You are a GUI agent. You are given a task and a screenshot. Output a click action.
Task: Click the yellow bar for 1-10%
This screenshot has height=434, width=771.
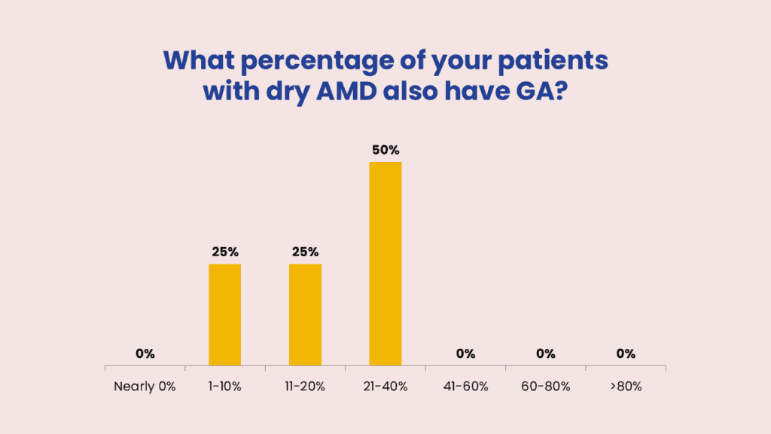click(224, 315)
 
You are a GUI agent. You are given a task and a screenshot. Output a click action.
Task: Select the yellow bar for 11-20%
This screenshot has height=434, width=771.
click(305, 315)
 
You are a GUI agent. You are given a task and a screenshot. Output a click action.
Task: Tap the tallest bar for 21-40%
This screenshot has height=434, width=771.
click(385, 264)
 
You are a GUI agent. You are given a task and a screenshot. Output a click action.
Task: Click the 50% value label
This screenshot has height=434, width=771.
click(385, 150)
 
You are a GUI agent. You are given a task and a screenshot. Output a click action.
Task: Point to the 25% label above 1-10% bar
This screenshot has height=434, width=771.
click(224, 252)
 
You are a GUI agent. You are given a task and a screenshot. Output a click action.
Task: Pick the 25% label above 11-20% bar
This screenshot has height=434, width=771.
click(305, 252)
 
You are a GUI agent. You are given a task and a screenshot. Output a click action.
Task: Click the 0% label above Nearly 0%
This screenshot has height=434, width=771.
click(145, 353)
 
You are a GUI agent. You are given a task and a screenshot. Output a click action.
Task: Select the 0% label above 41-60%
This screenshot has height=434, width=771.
click(465, 353)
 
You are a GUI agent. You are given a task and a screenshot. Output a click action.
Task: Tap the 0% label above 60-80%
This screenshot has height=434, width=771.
click(545, 353)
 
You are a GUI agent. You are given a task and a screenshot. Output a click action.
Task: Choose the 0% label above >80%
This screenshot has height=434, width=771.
click(625, 353)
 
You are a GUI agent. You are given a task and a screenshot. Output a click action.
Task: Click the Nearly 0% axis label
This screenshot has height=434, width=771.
click(145, 387)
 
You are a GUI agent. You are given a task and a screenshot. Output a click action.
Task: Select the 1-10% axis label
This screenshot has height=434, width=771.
click(224, 387)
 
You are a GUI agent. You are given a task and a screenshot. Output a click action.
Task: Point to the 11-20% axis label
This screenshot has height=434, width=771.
click(305, 387)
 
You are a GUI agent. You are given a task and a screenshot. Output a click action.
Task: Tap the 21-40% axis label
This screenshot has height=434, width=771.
click(385, 387)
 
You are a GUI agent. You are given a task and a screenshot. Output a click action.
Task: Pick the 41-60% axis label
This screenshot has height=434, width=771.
click(465, 387)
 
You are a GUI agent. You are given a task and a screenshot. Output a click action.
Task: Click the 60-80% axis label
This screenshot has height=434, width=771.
click(545, 387)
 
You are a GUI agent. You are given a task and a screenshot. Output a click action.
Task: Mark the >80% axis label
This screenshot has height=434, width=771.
click(625, 387)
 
